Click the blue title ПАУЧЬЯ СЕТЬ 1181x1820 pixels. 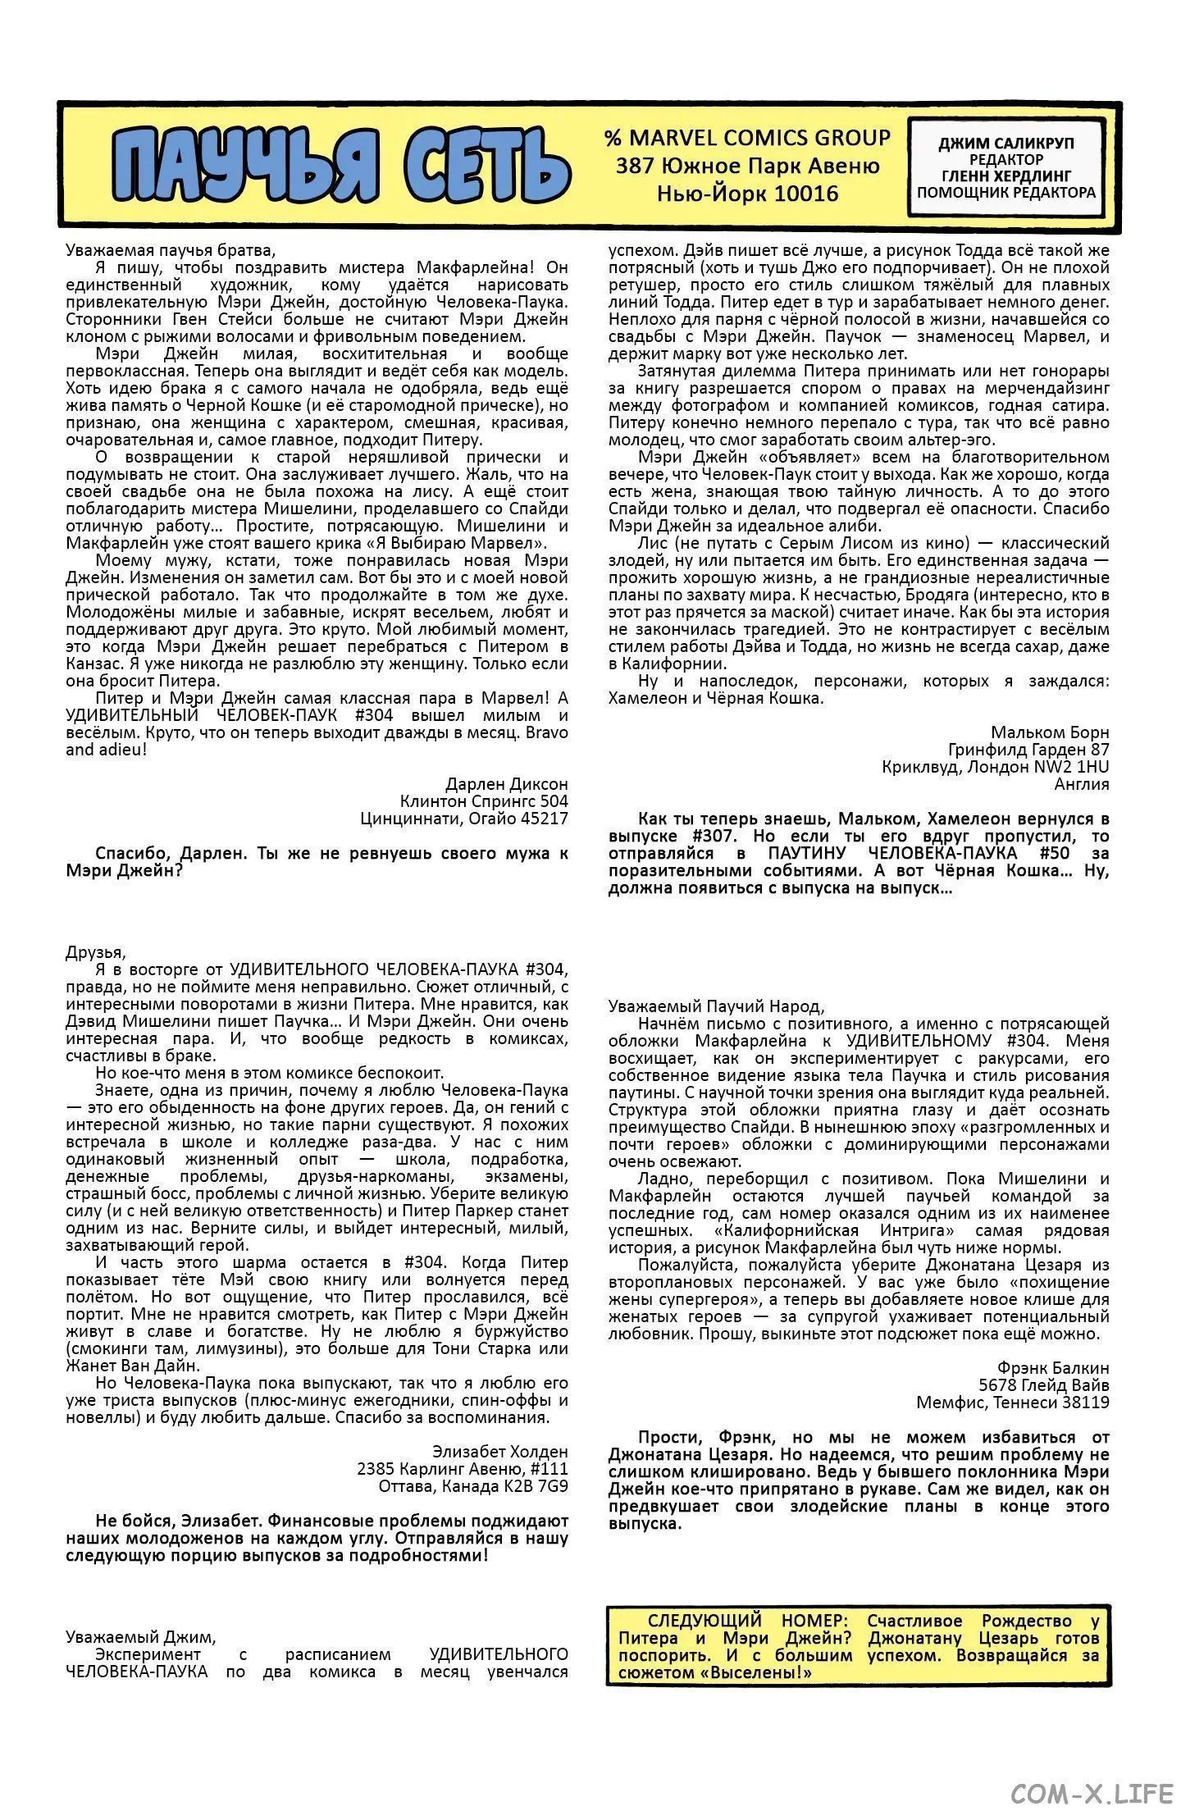340,164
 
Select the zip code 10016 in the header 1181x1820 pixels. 809,194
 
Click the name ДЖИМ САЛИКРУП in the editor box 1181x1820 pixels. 1005,143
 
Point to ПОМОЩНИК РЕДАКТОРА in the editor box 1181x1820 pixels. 1005,193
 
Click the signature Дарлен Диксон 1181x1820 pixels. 506,784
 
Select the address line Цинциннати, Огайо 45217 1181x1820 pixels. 463,819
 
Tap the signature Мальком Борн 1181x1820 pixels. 1050,732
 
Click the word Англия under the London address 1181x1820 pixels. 1081,784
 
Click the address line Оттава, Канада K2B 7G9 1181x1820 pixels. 473,1485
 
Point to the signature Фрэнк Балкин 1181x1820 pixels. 1052,1367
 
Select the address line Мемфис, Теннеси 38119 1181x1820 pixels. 1012,1402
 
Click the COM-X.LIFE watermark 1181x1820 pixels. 1092,1794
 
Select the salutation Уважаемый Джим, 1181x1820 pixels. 140,1637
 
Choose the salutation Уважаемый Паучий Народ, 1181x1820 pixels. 716,1006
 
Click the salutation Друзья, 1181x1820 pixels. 95,952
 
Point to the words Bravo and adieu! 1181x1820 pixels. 107,750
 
